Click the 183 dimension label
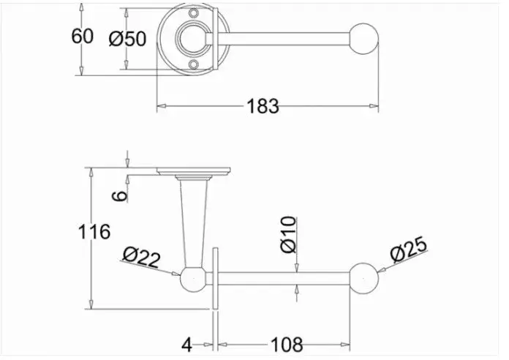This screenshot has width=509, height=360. tap(263, 106)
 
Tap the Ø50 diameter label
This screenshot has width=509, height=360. tap(127, 39)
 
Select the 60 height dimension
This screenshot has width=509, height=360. tap(82, 36)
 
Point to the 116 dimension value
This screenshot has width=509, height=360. tap(94, 232)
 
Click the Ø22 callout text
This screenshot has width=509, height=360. tap(142, 257)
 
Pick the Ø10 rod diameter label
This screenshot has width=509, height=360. tap(289, 235)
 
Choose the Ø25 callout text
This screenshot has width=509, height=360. tap(409, 250)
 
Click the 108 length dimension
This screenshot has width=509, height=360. tap(287, 345)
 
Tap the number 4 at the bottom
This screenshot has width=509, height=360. tap(186, 345)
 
